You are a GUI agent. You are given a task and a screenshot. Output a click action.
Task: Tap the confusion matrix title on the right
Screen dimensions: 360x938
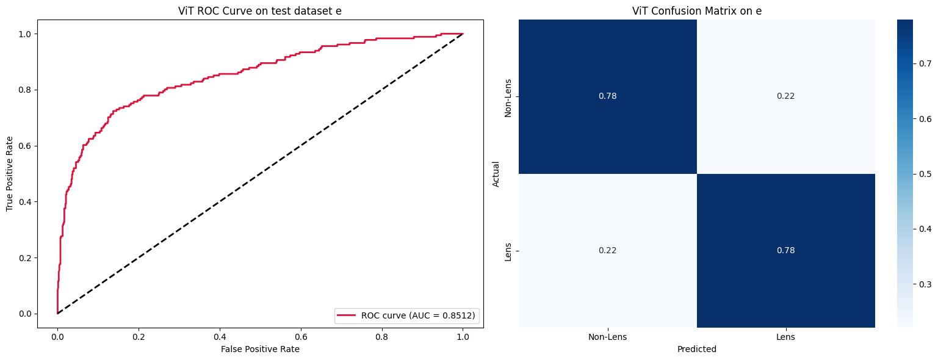(x=696, y=11)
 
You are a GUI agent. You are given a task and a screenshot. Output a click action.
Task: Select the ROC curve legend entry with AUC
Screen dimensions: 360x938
(x=406, y=315)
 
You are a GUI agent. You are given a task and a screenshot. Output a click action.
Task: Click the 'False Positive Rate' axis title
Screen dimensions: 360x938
(x=261, y=349)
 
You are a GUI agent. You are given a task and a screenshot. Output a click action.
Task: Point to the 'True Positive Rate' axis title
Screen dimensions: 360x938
(x=10, y=174)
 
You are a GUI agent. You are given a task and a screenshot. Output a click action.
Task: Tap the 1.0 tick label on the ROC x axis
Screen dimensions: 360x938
(x=463, y=336)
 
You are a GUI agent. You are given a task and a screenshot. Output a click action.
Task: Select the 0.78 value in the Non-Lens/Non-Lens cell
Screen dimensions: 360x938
(x=607, y=96)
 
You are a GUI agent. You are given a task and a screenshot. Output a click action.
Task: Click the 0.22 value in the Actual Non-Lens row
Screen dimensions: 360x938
(x=785, y=96)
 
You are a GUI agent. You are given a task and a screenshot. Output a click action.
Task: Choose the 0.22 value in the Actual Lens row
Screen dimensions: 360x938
(x=607, y=250)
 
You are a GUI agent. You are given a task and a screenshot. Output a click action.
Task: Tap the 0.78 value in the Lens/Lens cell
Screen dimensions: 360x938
(x=785, y=250)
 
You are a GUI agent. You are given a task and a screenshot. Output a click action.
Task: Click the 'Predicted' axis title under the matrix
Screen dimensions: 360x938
(x=696, y=350)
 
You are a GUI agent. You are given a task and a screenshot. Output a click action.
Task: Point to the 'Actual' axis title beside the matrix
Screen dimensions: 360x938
(x=496, y=174)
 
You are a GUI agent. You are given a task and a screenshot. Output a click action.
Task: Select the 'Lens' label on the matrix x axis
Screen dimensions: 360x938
(x=785, y=337)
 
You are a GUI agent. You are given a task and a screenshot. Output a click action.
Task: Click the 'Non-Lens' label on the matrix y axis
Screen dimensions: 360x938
(x=508, y=96)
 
